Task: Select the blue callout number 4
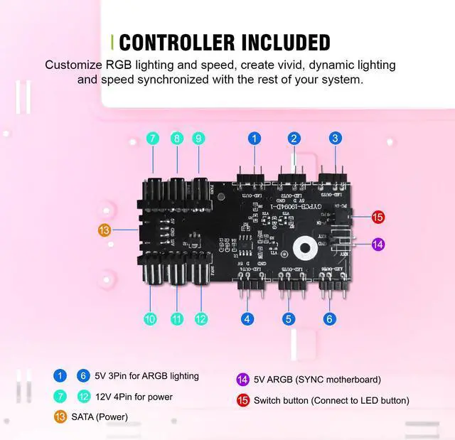click(247, 319)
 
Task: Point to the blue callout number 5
click(288, 319)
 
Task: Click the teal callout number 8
click(176, 139)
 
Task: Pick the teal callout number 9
click(198, 139)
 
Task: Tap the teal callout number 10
click(150, 319)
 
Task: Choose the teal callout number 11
click(177, 319)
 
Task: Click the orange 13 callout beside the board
click(105, 230)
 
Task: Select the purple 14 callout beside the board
click(378, 245)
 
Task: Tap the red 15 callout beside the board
click(378, 217)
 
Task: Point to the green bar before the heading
click(113, 42)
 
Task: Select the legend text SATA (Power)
click(100, 417)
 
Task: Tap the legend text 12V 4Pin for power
click(134, 397)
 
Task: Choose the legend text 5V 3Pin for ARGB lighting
click(146, 376)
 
